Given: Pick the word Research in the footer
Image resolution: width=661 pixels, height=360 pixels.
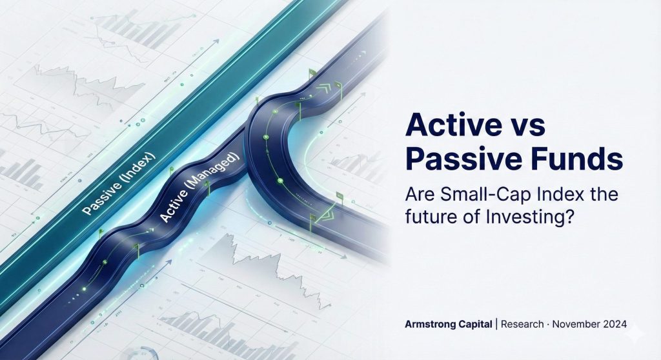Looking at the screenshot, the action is pos(522,324).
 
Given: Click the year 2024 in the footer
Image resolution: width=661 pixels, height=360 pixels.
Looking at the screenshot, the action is pos(615,324).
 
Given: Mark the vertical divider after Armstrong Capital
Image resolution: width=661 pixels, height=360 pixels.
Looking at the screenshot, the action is pos(496,324).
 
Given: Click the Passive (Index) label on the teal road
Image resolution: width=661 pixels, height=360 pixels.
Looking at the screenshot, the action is pos(119,184).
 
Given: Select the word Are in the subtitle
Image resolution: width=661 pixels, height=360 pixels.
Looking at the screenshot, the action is pos(419,195).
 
